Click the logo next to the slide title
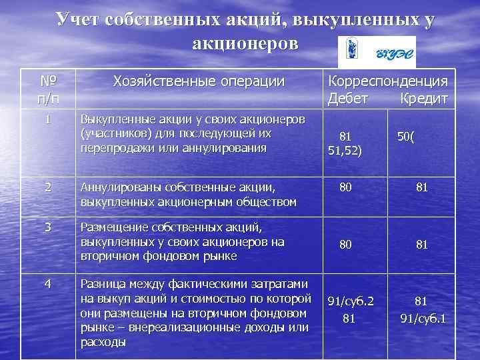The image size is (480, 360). coord(377,52)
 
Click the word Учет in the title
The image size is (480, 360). coord(79,19)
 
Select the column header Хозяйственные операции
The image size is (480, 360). coord(199,82)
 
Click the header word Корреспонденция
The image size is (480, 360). coord(387,82)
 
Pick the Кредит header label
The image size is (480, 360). coord(423,99)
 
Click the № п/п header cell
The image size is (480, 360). coord(48,90)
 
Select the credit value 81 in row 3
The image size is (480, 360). coord(421,245)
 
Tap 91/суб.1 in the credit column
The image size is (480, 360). coord(423,319)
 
